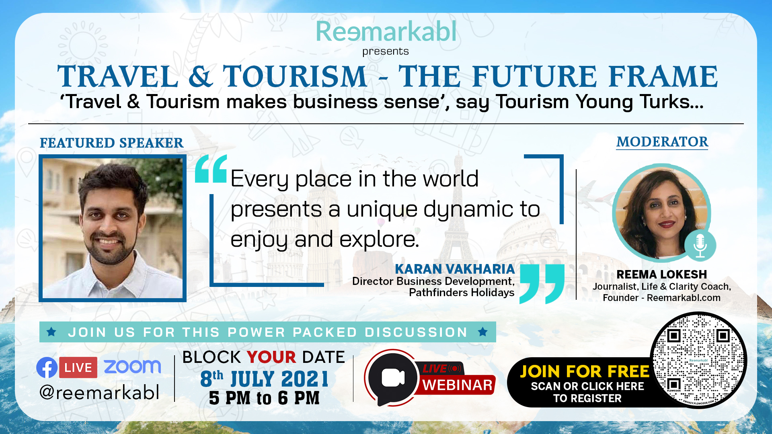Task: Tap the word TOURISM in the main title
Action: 295,76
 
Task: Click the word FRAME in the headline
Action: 663,76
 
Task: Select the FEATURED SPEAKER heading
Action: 111,143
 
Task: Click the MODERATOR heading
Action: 662,142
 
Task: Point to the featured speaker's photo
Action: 113,228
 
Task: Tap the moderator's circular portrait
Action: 661,212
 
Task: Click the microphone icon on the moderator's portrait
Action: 700,245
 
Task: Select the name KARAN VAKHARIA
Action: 455,269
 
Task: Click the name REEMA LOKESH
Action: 661,274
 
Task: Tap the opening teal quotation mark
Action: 211,169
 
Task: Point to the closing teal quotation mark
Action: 542,284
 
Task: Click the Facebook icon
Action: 47,367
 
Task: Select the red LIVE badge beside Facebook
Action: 78,367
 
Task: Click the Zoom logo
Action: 132,366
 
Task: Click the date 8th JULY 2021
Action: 264,379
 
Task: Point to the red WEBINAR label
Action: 458,385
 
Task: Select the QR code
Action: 698,360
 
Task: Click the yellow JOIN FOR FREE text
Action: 585,371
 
